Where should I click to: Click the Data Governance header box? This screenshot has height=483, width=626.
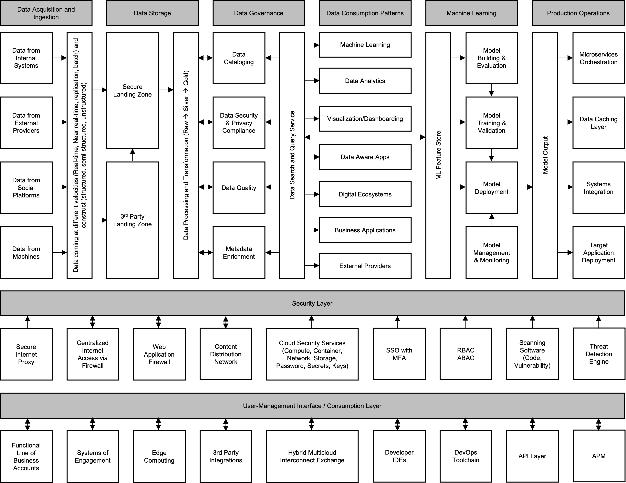point(258,13)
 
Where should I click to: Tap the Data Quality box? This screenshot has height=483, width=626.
point(239,188)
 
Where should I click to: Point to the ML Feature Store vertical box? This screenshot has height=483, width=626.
point(438,155)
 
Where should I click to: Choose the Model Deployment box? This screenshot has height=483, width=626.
point(492,188)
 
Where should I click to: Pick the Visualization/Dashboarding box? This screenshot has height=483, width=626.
point(365,119)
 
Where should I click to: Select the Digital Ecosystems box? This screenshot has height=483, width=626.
point(365,194)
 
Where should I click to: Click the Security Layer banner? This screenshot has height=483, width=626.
point(312,303)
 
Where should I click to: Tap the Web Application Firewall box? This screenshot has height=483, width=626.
point(159,354)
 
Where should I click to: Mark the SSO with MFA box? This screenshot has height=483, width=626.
point(399,354)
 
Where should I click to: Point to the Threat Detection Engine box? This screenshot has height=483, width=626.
point(599,354)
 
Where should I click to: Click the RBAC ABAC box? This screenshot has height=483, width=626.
point(465,354)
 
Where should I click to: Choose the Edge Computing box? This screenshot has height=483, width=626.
point(159,456)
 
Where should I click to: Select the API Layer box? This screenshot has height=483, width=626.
point(532,456)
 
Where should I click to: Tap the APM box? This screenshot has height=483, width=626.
point(599,456)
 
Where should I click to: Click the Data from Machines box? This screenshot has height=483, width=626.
point(26,253)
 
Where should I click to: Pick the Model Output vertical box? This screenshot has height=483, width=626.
point(545,155)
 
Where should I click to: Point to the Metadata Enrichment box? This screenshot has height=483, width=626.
point(239,253)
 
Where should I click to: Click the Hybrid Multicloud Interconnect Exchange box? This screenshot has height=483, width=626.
point(312,456)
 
